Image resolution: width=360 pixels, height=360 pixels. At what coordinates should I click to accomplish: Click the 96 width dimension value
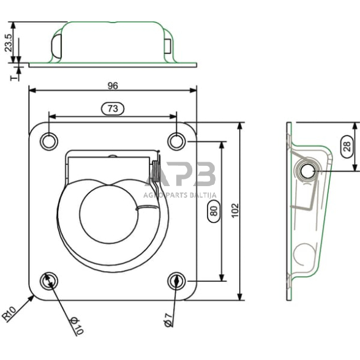coord(112,84)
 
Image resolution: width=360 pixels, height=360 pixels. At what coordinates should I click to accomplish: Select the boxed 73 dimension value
coord(112,108)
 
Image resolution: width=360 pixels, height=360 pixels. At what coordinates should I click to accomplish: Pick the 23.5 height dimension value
coord(8,42)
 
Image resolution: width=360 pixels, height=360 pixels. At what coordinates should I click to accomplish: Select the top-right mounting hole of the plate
coord(176,141)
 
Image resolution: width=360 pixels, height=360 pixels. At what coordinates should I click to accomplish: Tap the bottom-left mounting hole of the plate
coord(48,281)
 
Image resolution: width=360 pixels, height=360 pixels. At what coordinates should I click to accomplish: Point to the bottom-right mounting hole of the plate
coord(176,281)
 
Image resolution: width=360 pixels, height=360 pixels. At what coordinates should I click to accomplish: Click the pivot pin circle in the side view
coord(306,171)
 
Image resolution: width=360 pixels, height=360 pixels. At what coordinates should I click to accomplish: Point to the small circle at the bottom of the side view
coord(302,253)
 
